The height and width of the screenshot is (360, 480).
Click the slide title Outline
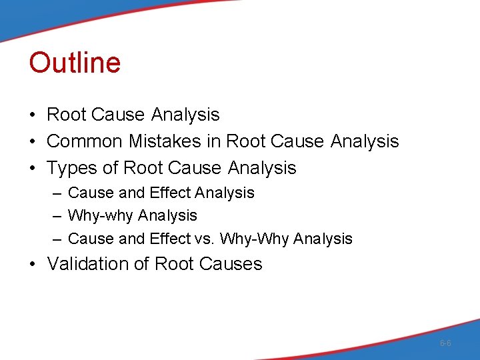point(75,63)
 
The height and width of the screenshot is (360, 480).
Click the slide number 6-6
point(445,343)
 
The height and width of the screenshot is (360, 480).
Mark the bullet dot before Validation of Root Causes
point(33,265)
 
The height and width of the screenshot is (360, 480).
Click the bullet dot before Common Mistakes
point(33,142)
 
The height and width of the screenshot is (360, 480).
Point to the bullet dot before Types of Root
point(33,169)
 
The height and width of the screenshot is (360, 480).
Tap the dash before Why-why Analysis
point(55,216)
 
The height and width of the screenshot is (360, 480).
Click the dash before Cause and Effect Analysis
point(55,193)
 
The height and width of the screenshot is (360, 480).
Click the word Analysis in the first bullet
point(185,115)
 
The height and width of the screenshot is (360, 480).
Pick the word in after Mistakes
point(216,141)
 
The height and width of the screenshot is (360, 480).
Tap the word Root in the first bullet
point(66,115)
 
